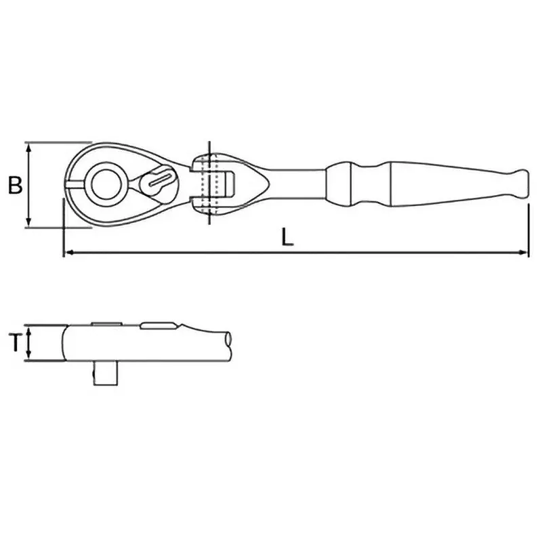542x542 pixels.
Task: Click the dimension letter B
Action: coord(14,185)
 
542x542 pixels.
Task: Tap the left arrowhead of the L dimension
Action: coord(66,253)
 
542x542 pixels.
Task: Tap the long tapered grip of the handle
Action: coord(447,183)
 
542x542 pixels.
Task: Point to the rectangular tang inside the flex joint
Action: coord(228,183)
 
